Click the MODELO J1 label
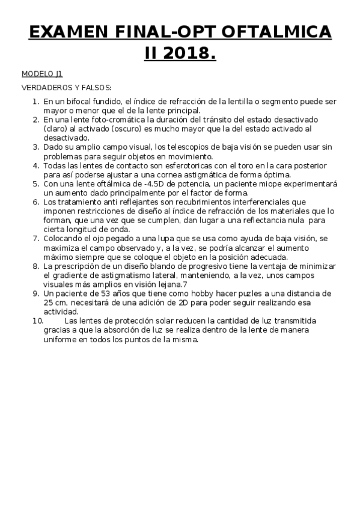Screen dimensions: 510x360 coord(42,74)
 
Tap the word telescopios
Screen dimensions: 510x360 coord(186,146)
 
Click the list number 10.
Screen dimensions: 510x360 coord(37,321)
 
